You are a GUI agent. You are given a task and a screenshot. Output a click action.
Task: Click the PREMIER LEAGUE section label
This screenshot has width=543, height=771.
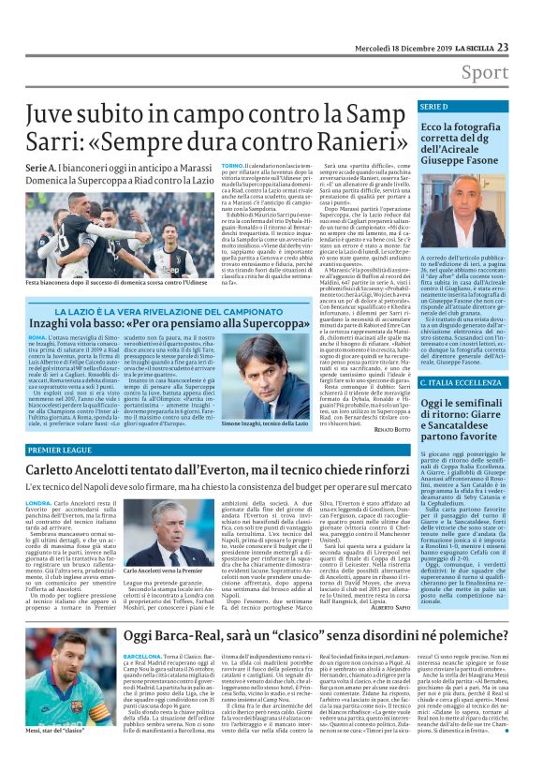tap(66, 450)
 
